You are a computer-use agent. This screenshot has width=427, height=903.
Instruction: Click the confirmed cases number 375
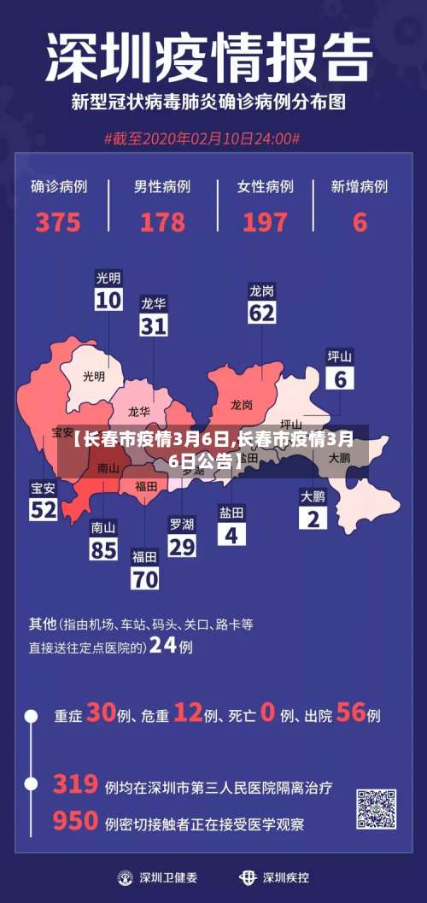coord(58,222)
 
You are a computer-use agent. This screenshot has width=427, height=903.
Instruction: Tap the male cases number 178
coord(162,222)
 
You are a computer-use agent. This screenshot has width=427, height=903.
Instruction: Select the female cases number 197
coord(265,222)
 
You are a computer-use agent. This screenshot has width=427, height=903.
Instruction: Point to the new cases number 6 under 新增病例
coord(360,222)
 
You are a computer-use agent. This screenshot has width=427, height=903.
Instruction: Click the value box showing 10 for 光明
coord(108,300)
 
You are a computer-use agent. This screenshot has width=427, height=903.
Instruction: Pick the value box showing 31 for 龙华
coord(154,325)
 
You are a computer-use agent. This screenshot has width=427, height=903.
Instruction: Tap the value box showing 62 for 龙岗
coord(261,313)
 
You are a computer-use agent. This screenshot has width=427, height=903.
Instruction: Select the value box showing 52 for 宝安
coord(44,510)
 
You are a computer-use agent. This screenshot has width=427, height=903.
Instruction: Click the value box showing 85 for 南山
coord(103,548)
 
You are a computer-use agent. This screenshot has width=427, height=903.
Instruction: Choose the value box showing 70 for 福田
coord(145,578)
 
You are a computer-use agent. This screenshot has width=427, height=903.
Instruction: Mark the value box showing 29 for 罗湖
coord(181,547)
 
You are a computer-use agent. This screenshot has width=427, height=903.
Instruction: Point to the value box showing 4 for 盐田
coord(231,534)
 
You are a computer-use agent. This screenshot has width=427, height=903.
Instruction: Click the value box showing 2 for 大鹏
coord(313,518)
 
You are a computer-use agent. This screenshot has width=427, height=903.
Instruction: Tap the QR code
coord(376,809)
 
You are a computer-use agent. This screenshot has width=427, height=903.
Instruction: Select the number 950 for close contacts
coord(74,821)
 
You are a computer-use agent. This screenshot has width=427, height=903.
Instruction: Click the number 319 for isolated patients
coord(74,783)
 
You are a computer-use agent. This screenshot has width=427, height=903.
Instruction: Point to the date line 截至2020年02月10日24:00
coord(202,138)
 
